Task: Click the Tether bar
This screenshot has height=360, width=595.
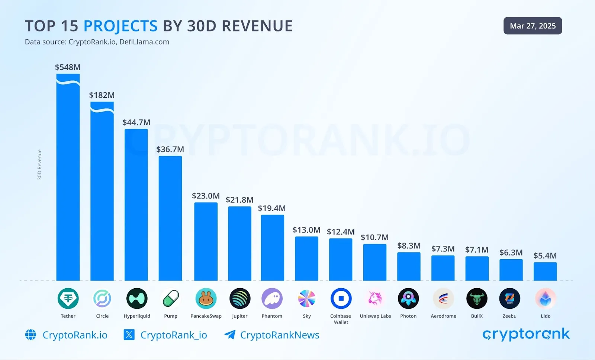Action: [x=68, y=179]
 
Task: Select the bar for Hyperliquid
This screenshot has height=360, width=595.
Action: [x=136, y=205]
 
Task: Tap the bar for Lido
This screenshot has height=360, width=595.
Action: [x=545, y=271]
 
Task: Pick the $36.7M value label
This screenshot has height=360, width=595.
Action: [x=170, y=150]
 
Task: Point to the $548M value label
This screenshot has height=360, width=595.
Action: [x=68, y=67]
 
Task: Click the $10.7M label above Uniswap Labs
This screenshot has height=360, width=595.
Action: [x=374, y=237]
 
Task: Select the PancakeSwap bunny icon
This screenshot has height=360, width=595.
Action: [x=206, y=298]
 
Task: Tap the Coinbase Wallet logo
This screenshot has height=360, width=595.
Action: [x=341, y=298]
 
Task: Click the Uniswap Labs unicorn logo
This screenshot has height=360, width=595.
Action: [x=375, y=298]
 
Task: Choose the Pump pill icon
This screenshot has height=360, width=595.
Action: [x=171, y=298]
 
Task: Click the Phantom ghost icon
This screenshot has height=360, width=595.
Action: [x=272, y=298]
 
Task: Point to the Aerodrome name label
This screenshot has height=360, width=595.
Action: [x=443, y=316]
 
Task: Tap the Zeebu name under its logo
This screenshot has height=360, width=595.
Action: [x=509, y=316]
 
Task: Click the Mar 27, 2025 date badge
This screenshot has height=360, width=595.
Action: [x=533, y=26]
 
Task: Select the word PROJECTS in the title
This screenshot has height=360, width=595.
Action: [x=120, y=26]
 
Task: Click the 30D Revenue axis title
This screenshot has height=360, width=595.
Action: [x=39, y=165]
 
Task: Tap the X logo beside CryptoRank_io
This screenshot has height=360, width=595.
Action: [x=129, y=335]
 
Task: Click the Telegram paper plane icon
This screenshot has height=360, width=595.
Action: [x=230, y=335]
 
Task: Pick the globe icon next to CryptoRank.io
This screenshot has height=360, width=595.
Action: [x=31, y=335]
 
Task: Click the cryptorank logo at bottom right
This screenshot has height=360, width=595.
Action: [x=526, y=334]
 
